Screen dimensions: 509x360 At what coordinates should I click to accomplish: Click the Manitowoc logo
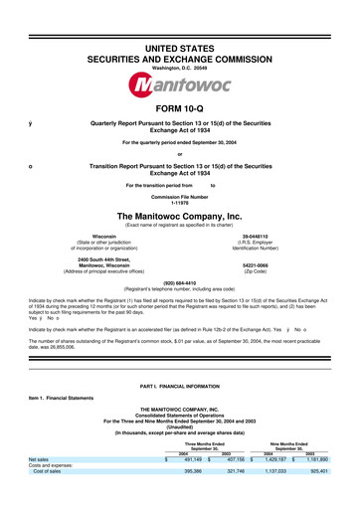click(x=179, y=62)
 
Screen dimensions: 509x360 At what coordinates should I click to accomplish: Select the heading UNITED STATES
click(x=180, y=21)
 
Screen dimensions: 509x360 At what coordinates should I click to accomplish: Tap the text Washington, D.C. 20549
click(x=180, y=42)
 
